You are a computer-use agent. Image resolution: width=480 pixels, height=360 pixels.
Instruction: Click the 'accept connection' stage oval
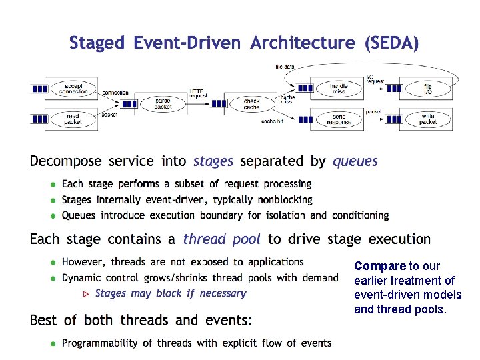click(x=73, y=88)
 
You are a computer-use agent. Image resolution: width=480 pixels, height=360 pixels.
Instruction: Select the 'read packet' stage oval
click(x=73, y=119)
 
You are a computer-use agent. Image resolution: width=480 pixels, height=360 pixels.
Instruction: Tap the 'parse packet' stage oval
click(x=163, y=103)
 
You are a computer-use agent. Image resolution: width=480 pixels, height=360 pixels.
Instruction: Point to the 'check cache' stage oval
click(x=251, y=103)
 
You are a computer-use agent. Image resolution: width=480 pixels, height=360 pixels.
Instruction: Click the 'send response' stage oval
click(x=339, y=119)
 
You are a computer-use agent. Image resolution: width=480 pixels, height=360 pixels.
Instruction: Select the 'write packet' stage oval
click(x=428, y=119)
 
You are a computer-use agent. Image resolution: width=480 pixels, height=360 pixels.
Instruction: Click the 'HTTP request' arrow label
click(x=198, y=93)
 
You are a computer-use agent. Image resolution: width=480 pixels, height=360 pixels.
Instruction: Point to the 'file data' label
click(x=285, y=67)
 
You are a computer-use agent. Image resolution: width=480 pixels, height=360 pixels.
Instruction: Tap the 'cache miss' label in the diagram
click(x=287, y=100)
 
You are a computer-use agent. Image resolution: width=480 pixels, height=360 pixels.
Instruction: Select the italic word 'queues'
click(x=355, y=161)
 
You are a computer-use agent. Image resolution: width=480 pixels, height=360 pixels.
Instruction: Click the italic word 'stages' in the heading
click(x=213, y=161)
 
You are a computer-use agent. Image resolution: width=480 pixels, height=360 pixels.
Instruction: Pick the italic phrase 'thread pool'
click(x=221, y=239)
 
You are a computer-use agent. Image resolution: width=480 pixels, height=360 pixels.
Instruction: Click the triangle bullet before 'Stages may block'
click(x=85, y=294)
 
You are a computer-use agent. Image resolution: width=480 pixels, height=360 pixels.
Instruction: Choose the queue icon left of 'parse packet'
click(x=130, y=104)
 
